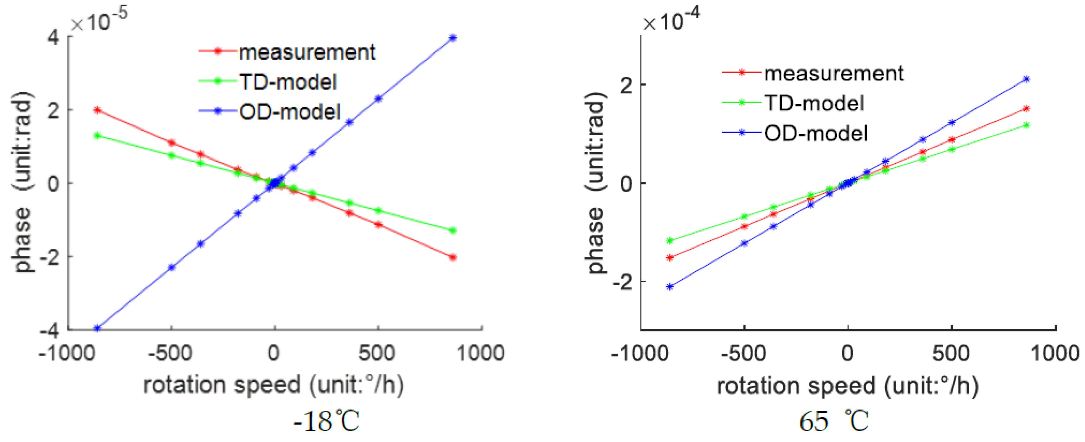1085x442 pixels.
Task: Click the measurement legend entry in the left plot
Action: pos(307,52)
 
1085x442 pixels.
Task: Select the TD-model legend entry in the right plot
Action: pos(814,103)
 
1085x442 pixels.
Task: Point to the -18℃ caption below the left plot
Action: pos(326,421)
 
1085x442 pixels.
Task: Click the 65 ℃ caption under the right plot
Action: pos(834,421)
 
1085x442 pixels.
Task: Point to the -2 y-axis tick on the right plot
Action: pos(622,282)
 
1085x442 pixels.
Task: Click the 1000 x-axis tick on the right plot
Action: pos(1054,353)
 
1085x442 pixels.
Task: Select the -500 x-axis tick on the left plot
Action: pos(170,353)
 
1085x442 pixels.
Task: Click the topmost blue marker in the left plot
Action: pos(453,38)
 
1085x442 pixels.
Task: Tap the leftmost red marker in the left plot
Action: pos(97,110)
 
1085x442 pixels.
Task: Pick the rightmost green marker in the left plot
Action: pos(453,231)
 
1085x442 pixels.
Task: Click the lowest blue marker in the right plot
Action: pos(670,287)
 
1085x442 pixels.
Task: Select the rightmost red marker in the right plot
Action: pos(1026,109)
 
